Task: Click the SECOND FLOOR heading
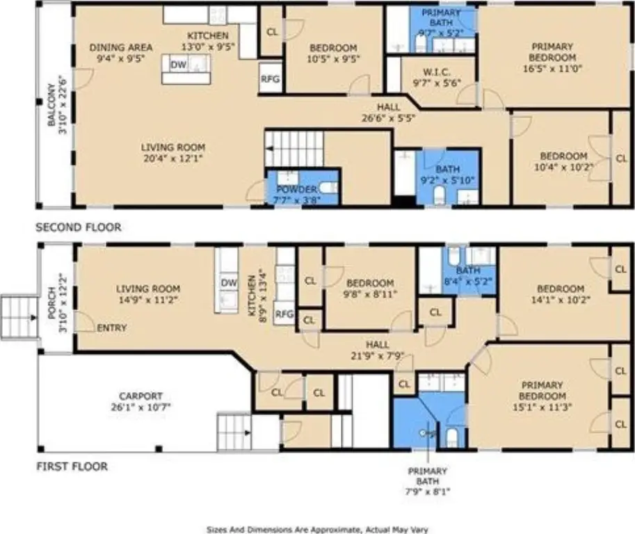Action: pyautogui.click(x=79, y=227)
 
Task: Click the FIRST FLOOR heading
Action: pyautogui.click(x=72, y=467)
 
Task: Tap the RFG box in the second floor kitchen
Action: pyautogui.click(x=270, y=78)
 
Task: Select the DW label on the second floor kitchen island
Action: pyautogui.click(x=178, y=65)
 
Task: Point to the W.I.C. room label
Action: pyautogui.click(x=437, y=72)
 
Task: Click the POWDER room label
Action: pyautogui.click(x=296, y=189)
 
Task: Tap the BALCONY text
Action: pyautogui.click(x=51, y=105)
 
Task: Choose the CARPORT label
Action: pyautogui.click(x=140, y=396)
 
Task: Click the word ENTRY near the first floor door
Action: pyautogui.click(x=112, y=327)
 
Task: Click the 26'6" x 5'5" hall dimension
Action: pyautogui.click(x=388, y=118)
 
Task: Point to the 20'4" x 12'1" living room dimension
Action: pyautogui.click(x=173, y=158)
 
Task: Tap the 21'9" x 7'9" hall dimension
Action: pyautogui.click(x=378, y=356)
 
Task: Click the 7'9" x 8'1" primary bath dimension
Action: pyautogui.click(x=428, y=492)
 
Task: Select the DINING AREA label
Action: pyautogui.click(x=121, y=47)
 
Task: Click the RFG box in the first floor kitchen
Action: pyautogui.click(x=284, y=313)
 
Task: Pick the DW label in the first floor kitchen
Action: pyautogui.click(x=229, y=282)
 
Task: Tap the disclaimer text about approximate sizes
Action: pyautogui.click(x=317, y=530)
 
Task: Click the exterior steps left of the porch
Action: pyautogui.click(x=19, y=318)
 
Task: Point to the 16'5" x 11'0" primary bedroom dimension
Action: pyautogui.click(x=552, y=68)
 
